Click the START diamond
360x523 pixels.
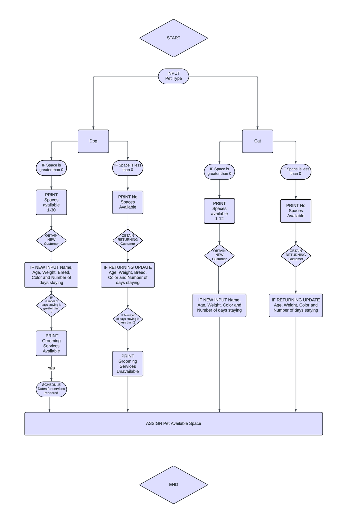[x=173, y=38]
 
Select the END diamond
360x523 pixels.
[x=173, y=484]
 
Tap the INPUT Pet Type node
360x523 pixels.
[x=173, y=76]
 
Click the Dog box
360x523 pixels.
[x=93, y=141]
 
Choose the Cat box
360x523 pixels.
[x=257, y=141]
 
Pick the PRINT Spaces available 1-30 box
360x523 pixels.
[x=51, y=202]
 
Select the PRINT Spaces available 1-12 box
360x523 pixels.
[x=219, y=211]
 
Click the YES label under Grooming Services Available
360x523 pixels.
[x=51, y=368]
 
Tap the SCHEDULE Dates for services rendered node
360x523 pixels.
[x=51, y=389]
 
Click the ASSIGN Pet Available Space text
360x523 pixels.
[x=173, y=423]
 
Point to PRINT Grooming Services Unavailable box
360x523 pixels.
[x=128, y=363]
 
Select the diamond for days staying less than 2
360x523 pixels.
[x=128, y=319]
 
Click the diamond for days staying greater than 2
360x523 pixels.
[x=51, y=305]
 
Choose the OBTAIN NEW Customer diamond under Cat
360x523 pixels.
[x=219, y=255]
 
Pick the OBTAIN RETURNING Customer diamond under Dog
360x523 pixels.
[x=128, y=240]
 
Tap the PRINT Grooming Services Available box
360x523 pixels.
[x=51, y=343]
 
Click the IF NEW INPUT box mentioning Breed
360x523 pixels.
[x=51, y=275]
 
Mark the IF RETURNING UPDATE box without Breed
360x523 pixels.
[x=295, y=305]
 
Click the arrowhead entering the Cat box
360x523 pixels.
[x=257, y=128]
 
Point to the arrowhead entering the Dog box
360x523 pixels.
[x=93, y=128]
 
